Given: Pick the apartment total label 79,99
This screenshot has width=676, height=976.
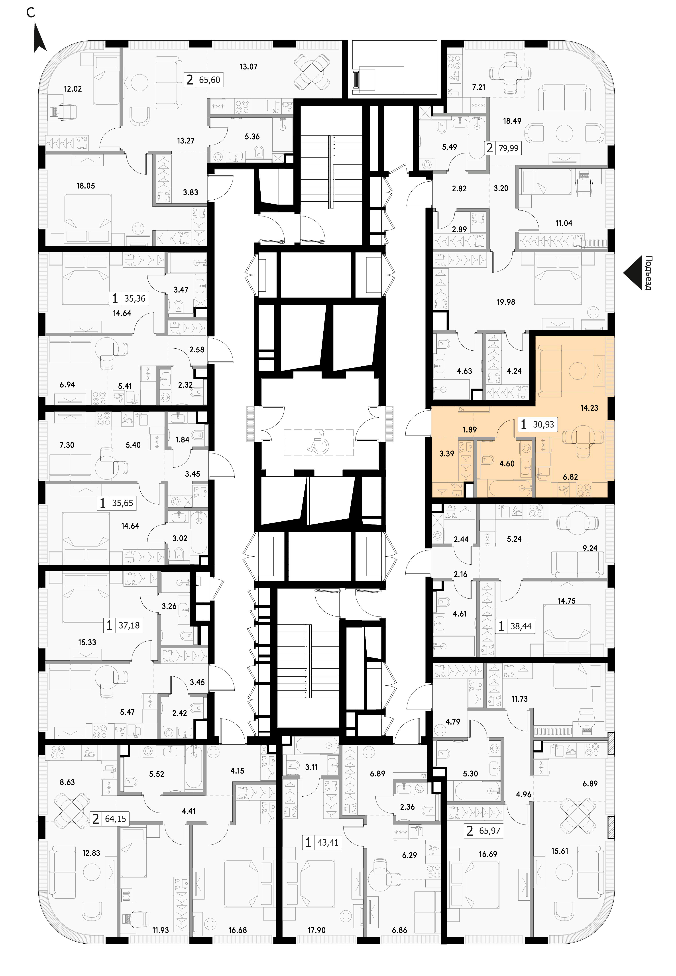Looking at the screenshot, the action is [x=508, y=148].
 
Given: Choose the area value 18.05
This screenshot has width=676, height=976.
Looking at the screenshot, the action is [x=86, y=185].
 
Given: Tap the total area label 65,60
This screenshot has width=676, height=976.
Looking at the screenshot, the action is [x=210, y=80].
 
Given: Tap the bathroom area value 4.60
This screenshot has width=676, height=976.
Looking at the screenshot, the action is [x=507, y=464].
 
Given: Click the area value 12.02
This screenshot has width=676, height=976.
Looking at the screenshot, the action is [x=73, y=89].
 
